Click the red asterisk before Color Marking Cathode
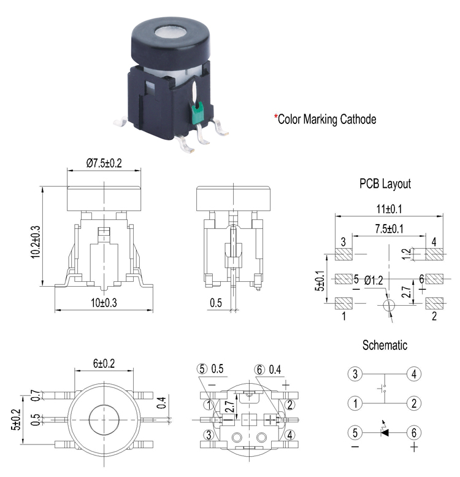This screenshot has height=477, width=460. point(275,117)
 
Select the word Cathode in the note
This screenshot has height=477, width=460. point(358,119)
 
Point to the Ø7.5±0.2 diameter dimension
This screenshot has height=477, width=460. point(106,163)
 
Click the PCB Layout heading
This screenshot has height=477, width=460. point(385,184)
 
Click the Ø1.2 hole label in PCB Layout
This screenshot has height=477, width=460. point(374,281)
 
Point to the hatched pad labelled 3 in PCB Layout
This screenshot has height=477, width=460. point(343,254)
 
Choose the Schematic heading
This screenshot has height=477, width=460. point(385,345)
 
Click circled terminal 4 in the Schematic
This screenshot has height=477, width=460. point(415,374)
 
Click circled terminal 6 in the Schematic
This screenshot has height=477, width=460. point(415,433)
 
